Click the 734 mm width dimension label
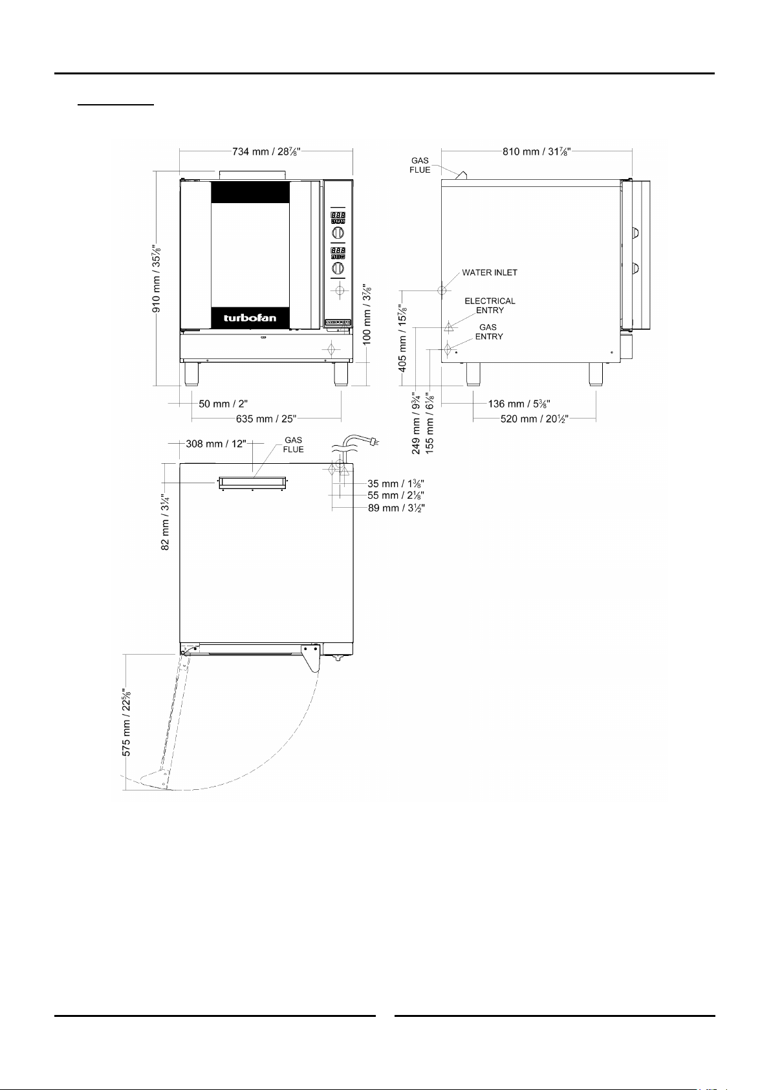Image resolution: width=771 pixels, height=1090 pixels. [x=266, y=151]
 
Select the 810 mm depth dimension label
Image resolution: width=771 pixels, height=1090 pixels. [x=537, y=151]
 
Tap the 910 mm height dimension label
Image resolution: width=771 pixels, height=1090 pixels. [x=157, y=279]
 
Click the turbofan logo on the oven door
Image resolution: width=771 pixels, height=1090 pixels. [x=250, y=318]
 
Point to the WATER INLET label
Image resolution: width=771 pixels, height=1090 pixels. [x=490, y=272]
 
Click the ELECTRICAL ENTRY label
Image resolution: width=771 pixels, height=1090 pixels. [x=490, y=305]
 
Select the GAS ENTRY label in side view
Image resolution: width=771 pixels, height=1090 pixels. [x=489, y=332]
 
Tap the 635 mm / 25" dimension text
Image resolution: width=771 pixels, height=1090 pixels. [x=266, y=419]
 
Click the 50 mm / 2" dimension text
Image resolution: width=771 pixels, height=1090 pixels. [x=223, y=404]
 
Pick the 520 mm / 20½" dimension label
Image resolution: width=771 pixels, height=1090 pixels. [x=535, y=419]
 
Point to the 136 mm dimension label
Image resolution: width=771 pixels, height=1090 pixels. [x=519, y=404]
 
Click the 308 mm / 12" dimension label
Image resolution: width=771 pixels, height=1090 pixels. [x=216, y=444]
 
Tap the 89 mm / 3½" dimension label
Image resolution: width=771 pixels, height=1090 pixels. [x=396, y=508]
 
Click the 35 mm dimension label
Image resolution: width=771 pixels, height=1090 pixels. [x=395, y=484]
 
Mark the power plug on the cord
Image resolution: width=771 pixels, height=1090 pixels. [x=374, y=442]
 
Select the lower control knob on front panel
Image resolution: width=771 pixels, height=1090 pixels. [x=338, y=268]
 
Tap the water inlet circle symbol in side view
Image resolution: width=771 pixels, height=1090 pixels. [x=442, y=290]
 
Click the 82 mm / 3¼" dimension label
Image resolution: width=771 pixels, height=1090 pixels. [x=166, y=521]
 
